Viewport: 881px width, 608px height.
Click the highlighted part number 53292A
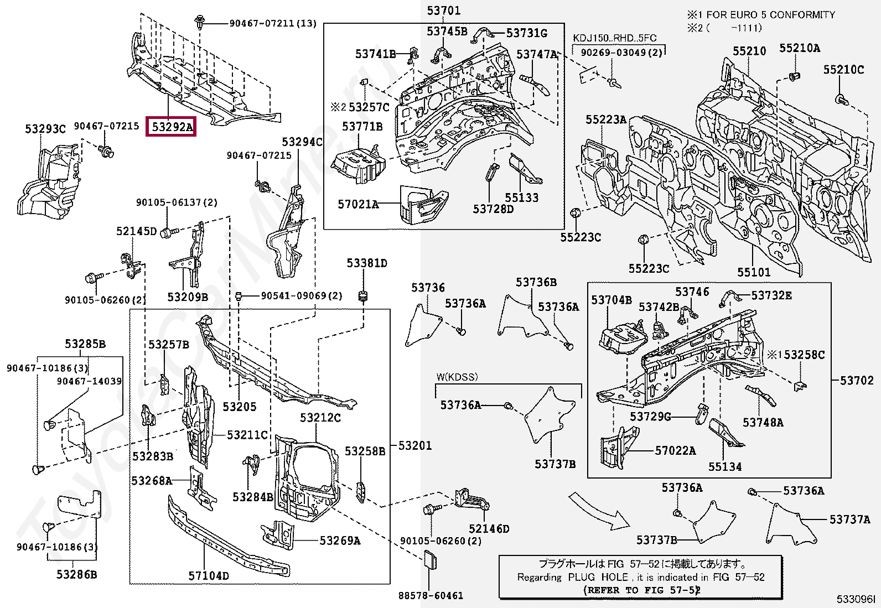pos(172,127)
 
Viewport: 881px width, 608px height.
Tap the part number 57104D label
pos(208,576)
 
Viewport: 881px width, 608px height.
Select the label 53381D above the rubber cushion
pos(366,263)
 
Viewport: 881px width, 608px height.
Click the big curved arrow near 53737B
pos(598,511)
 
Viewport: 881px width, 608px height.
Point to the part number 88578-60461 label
pos(431,595)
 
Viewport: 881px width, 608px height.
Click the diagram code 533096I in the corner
pos(856,599)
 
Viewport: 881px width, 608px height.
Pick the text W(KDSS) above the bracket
pos(457,377)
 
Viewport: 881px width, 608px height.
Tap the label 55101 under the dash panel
pos(753,272)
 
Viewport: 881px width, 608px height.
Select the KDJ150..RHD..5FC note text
pos(614,38)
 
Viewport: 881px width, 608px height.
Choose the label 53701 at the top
pos(443,11)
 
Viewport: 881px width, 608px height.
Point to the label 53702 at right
pos(856,380)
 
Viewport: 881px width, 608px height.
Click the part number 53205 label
pos(239,407)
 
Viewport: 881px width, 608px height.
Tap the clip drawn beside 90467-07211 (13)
pos(200,23)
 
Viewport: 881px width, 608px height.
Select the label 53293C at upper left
pos(45,129)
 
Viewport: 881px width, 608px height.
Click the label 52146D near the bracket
pos(489,528)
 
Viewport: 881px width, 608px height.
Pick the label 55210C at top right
pos(843,70)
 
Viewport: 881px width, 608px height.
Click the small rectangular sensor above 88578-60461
pos(430,560)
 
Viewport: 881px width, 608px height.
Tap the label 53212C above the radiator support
pos(320,418)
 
